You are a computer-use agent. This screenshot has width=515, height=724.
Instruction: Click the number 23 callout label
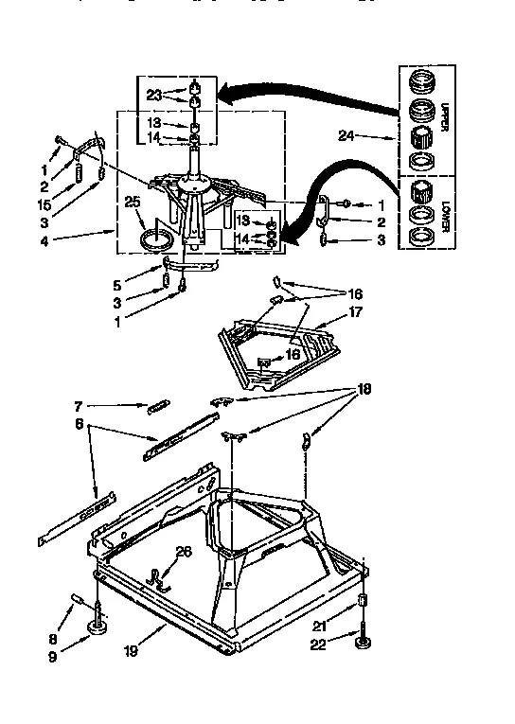point(154,94)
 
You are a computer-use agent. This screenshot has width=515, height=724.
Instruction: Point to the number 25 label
point(133,200)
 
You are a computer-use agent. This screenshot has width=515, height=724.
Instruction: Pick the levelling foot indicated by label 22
point(364,644)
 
